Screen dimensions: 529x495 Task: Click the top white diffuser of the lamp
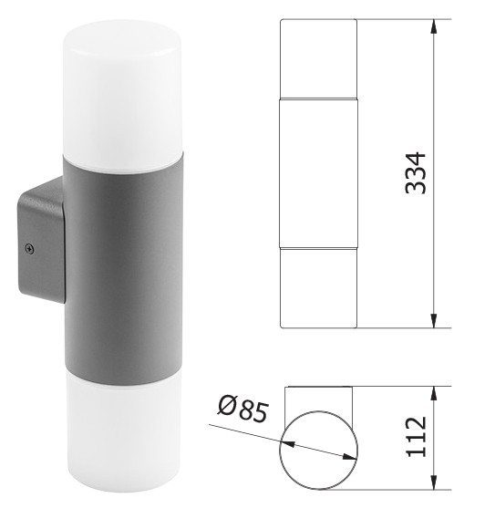[x=109, y=87]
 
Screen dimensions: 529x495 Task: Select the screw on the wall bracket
[x=31, y=245]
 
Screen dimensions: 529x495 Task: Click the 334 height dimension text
[x=416, y=172]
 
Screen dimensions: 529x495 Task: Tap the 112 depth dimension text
[x=416, y=439]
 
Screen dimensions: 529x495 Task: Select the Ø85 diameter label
[x=242, y=410]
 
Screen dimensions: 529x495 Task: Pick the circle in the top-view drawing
[x=318, y=452]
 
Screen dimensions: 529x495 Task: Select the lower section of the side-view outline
[x=317, y=287]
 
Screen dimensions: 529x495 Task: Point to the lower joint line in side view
[x=317, y=247]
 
